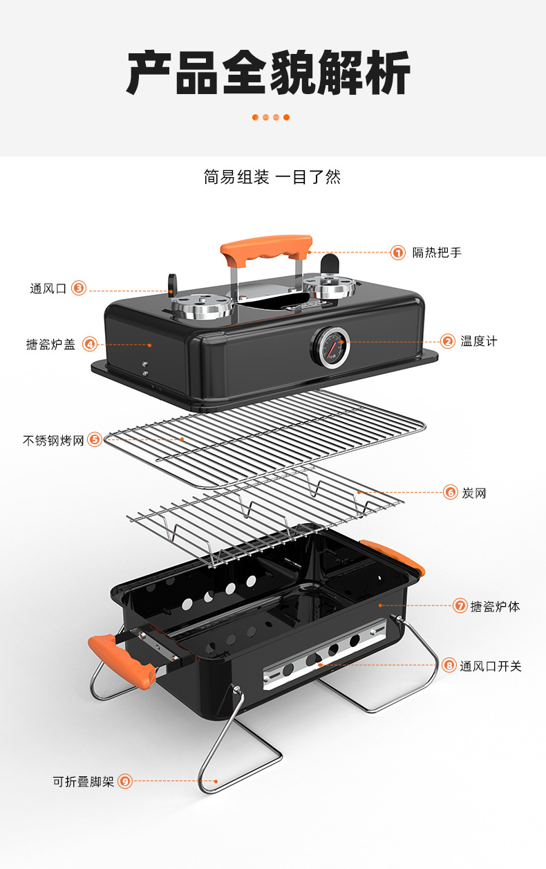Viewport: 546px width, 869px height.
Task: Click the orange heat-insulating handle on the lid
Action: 266,250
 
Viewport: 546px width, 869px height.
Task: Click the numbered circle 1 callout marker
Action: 398,253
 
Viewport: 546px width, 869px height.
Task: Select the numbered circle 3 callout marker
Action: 79,289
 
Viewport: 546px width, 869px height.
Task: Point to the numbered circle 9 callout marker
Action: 124,781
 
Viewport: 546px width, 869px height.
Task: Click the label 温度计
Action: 479,341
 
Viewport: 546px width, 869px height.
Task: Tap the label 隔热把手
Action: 437,253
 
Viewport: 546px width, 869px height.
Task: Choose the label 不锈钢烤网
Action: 53,440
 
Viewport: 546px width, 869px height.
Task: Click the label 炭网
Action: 474,493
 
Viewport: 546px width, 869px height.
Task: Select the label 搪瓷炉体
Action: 495,606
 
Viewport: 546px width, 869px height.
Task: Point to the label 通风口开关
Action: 491,666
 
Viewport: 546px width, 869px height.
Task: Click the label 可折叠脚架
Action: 83,782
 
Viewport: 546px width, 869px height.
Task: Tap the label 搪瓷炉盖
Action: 50,344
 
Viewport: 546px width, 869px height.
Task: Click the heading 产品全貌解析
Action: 269,73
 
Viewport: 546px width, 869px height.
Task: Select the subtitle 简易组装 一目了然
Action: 272,177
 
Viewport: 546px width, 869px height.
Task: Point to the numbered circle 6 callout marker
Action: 451,493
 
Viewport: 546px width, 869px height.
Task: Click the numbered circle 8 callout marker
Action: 449,666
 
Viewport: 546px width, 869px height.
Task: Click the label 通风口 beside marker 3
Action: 48,289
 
